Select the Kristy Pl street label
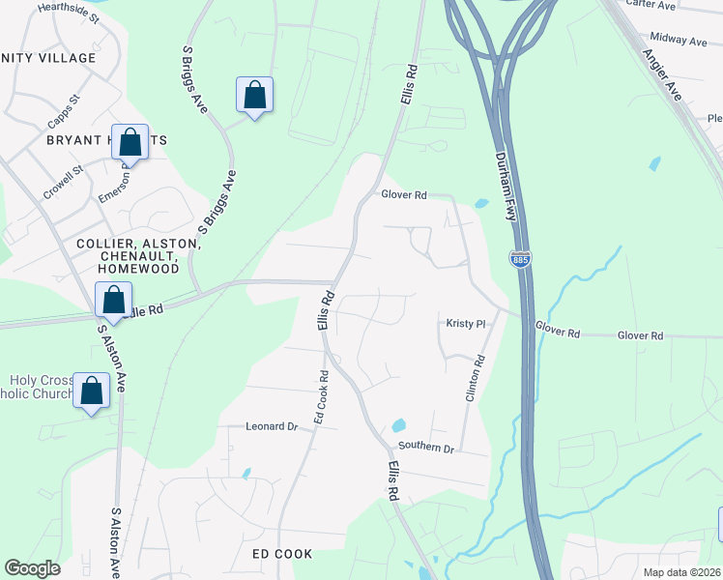(x=464, y=324)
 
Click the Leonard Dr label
(x=271, y=426)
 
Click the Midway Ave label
(x=679, y=41)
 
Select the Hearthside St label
(x=69, y=13)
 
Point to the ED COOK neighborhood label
(x=282, y=554)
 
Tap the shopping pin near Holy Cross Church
(x=92, y=392)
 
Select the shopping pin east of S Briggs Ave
(x=254, y=96)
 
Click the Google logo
(x=32, y=568)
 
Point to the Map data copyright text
(x=682, y=572)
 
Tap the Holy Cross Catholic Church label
(x=39, y=387)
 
